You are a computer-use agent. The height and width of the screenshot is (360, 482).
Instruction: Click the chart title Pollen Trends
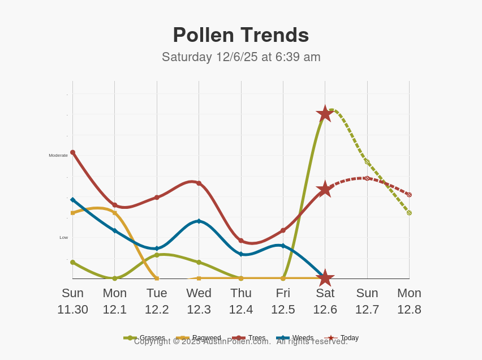pos(241,35)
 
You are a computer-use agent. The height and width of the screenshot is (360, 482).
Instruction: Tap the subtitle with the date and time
pos(241,57)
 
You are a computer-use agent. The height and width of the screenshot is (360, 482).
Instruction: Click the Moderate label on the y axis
pos(58,155)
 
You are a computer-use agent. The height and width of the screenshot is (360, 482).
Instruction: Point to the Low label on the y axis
pos(64,237)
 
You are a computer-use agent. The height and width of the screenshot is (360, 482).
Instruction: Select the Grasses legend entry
pos(145,338)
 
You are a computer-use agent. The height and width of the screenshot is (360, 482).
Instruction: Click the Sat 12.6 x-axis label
pos(325,301)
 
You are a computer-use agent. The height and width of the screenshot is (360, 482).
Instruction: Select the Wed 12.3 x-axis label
pos(199,301)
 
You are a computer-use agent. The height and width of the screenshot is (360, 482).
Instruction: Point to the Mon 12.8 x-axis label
pos(409,301)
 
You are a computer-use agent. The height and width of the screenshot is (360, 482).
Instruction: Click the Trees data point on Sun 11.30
pos(72,152)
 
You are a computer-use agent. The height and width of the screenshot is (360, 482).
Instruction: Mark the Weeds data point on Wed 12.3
pos(199,221)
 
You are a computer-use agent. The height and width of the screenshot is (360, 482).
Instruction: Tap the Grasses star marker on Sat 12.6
pos(325,114)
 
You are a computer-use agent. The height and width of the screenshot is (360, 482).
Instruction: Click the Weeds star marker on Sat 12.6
pos(325,278)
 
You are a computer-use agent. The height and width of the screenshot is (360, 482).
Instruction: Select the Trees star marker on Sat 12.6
pos(325,190)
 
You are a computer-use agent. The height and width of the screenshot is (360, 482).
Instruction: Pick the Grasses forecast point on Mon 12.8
pos(409,213)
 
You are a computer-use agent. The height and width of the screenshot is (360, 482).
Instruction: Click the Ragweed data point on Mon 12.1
pos(115,213)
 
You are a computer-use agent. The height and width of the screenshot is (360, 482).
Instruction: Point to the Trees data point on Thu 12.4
pos(241,241)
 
